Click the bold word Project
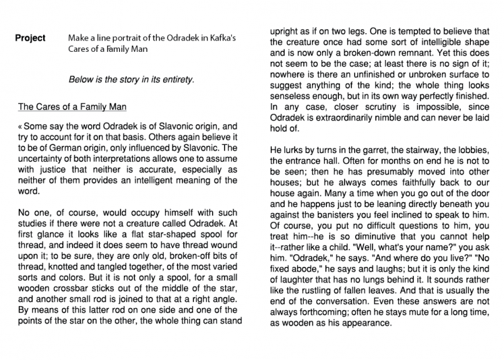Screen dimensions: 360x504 coord(31,39)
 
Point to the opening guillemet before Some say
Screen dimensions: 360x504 coord(21,126)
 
